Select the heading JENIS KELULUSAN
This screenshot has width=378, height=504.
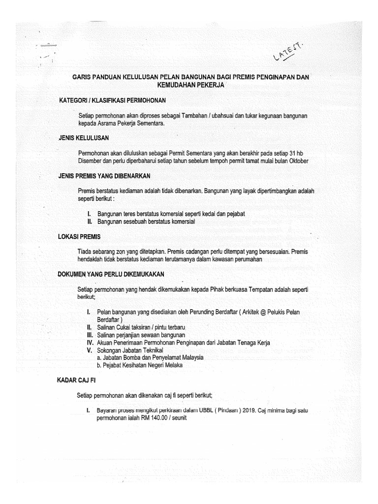tap(83, 138)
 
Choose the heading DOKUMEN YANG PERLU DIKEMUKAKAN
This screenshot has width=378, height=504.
tap(110, 274)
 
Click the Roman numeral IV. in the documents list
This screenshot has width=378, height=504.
tap(90, 342)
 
